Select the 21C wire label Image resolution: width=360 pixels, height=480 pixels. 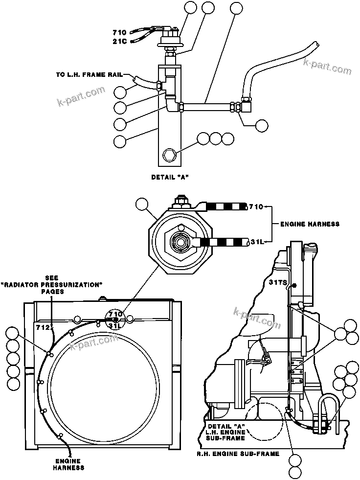tap(119, 42)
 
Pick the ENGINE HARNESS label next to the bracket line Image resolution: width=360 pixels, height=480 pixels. tap(309, 224)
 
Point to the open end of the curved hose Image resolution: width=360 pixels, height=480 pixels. tap(315, 44)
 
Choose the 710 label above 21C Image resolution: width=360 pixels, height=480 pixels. tap(119, 32)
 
